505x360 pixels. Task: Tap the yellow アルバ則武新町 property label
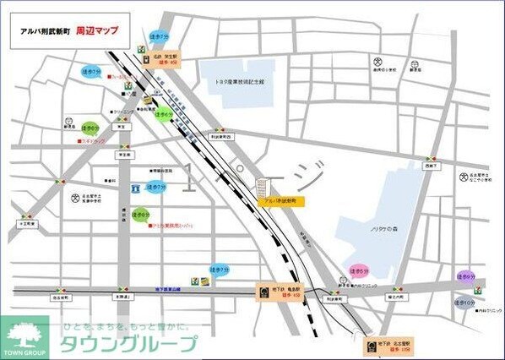click(x=283, y=202)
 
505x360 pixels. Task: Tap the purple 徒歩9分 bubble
click(x=465, y=275)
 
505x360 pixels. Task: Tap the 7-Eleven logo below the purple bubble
click(x=478, y=289)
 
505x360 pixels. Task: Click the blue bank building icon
click(x=135, y=186)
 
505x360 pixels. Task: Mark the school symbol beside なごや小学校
click(x=464, y=177)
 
